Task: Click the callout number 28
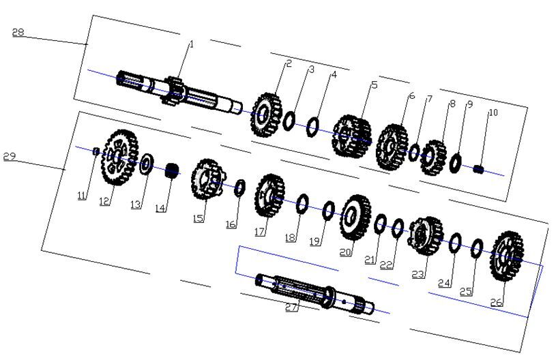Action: click(18, 32)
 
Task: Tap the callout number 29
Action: click(10, 156)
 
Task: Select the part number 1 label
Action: click(192, 44)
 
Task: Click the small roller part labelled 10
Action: click(479, 169)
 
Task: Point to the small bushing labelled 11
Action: click(96, 151)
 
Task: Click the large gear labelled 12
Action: click(119, 157)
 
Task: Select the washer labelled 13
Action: click(146, 164)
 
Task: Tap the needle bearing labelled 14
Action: click(172, 170)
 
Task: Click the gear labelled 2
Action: click(267, 115)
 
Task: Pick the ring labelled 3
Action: click(289, 121)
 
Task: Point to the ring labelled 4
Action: click(313, 127)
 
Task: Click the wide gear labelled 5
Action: click(351, 136)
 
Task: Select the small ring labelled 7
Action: click(414, 152)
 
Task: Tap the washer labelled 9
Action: click(455, 162)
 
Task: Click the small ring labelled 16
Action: click(239, 188)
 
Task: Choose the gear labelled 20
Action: click(355, 217)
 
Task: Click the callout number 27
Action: click(291, 307)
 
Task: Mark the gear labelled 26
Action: click(507, 256)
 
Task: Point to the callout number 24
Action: click(444, 283)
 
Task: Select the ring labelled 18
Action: click(302, 204)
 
